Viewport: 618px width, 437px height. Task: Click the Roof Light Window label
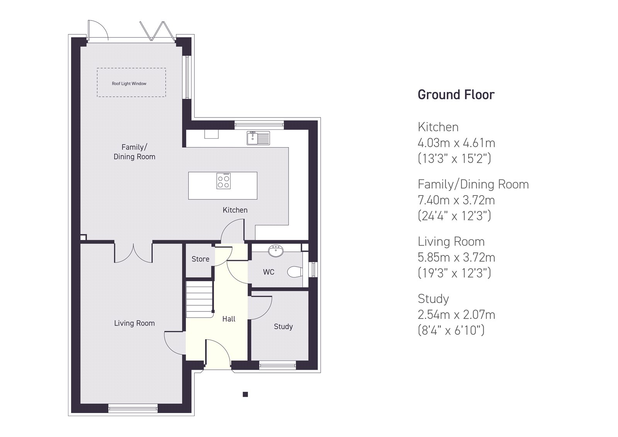click(129, 83)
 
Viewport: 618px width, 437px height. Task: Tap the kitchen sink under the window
click(258, 138)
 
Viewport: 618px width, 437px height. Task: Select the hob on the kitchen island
click(223, 181)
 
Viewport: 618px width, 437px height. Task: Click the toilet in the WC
click(294, 272)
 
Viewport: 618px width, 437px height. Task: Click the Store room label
click(200, 259)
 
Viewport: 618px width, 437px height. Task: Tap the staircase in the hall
click(199, 299)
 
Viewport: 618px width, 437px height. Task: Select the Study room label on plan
click(283, 326)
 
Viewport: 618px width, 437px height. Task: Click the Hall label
click(229, 319)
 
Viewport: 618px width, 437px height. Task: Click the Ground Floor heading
click(456, 95)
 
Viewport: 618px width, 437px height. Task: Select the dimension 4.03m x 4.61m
click(456, 143)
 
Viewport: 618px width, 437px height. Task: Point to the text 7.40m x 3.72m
click(456, 200)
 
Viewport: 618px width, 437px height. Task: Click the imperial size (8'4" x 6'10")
click(451, 330)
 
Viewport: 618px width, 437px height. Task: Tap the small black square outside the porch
click(245, 394)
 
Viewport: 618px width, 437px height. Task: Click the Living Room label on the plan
click(134, 323)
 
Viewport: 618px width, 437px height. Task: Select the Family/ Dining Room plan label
click(134, 152)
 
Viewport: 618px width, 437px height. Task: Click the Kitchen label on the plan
click(235, 210)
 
